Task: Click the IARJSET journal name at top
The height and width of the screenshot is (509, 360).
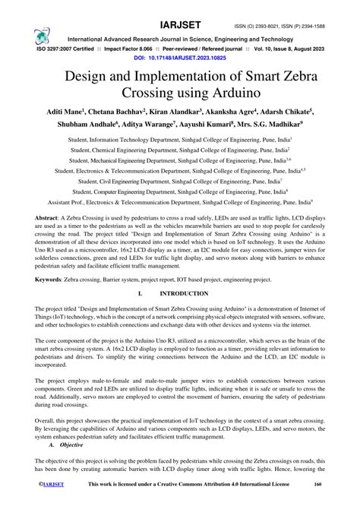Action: (185, 10)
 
